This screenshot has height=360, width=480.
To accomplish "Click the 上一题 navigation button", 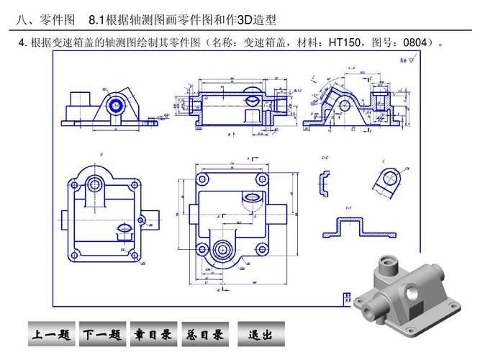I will [51, 335].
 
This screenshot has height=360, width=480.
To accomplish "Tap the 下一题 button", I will [101, 335].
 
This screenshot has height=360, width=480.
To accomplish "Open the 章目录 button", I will [153, 335].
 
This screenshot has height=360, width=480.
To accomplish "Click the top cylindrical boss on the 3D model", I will [386, 264].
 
